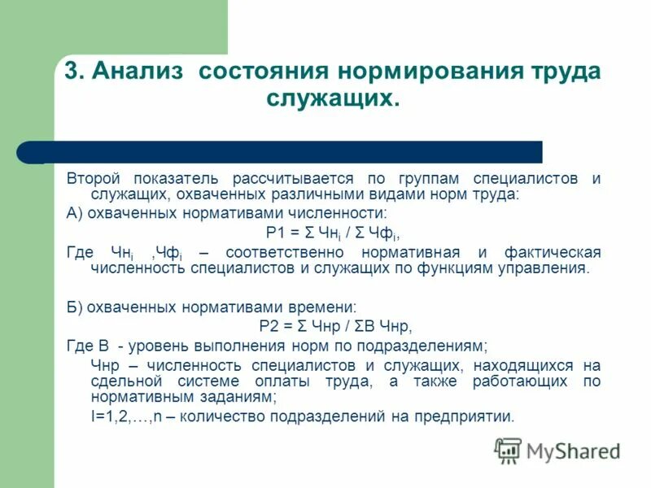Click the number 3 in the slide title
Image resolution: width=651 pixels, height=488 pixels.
[x=72, y=71]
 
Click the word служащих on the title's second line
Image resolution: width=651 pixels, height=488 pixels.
[x=330, y=99]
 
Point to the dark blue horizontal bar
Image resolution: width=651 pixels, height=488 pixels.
[x=285, y=152]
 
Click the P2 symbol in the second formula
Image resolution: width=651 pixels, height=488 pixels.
[x=269, y=326]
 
